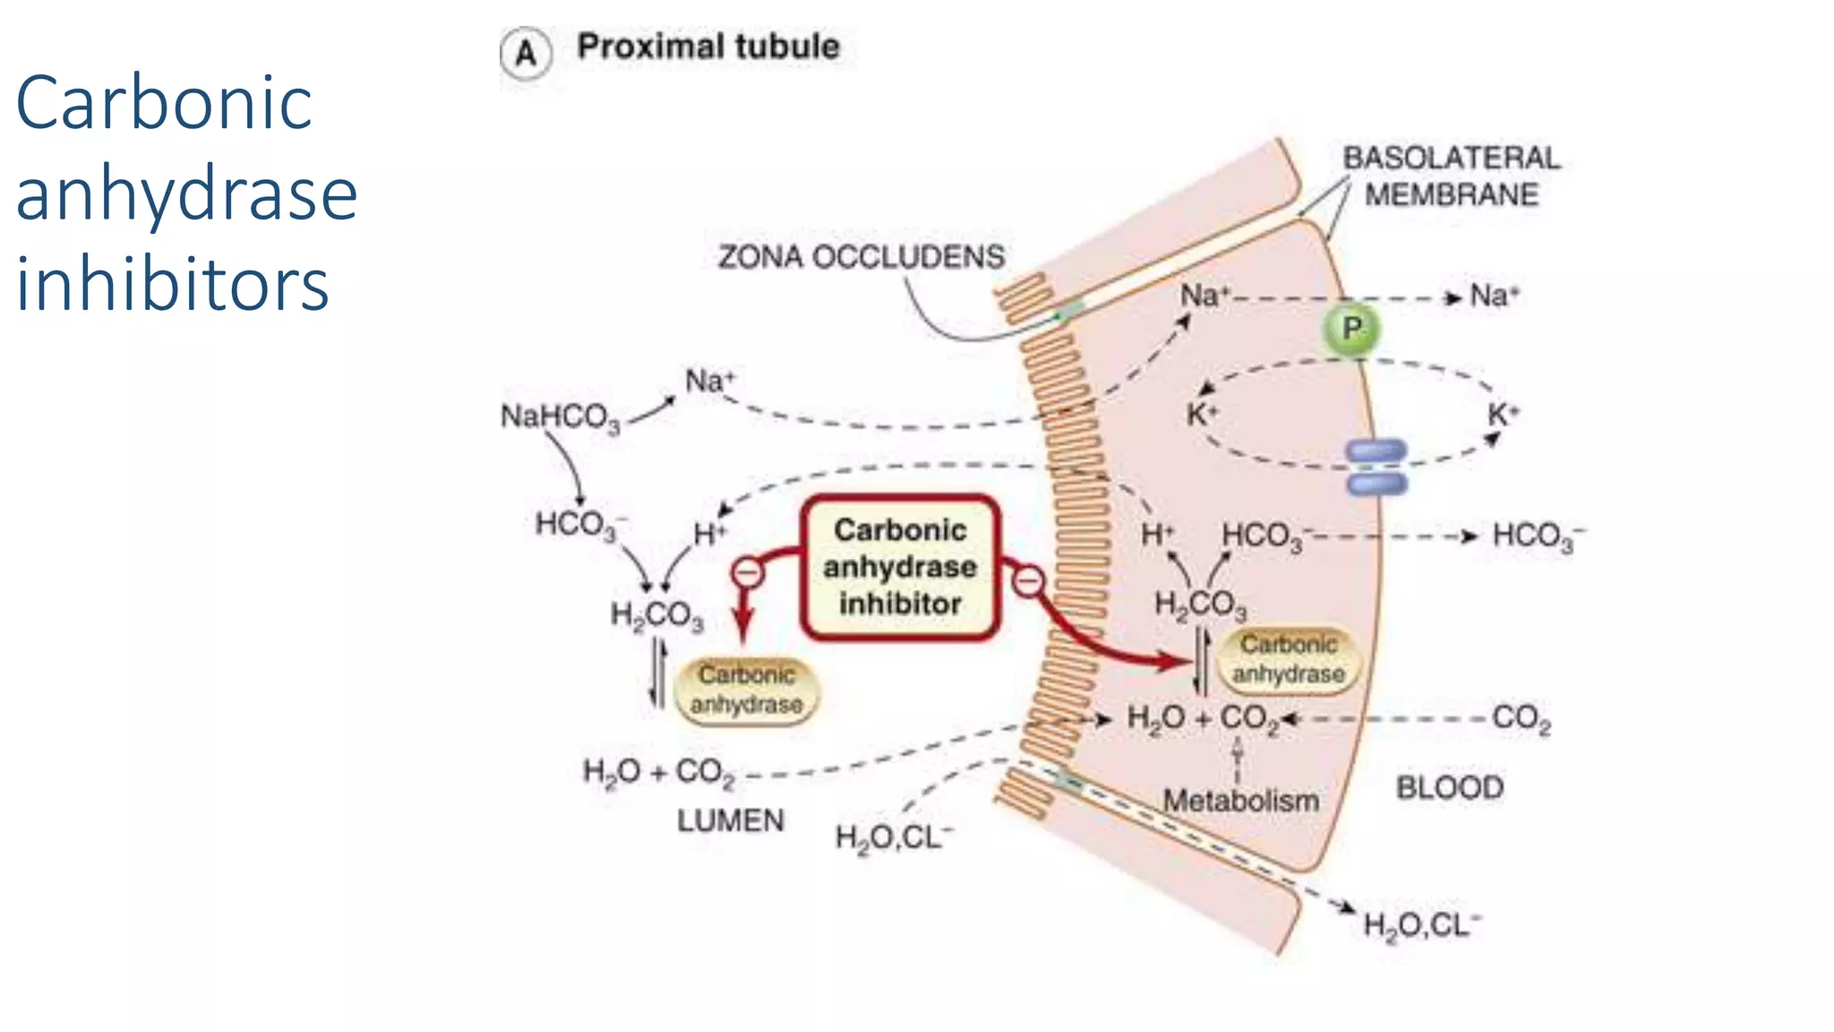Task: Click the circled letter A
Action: coord(526,54)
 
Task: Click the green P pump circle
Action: coord(1351,329)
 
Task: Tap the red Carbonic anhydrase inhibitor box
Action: coord(900,567)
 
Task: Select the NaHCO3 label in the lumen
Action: coord(560,417)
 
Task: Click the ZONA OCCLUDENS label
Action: coord(861,258)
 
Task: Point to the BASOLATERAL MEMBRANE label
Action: coord(1451,176)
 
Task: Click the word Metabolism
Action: coord(1240,800)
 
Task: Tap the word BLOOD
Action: coord(1449,787)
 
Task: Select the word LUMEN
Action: coord(730,821)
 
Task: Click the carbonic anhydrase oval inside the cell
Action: coord(1288,659)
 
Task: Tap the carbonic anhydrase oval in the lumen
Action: coord(746,690)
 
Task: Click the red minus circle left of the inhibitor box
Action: coord(748,572)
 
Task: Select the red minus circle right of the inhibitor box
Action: coord(1029,581)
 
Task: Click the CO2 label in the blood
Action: coord(1521,718)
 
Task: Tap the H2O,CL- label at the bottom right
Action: coord(1421,925)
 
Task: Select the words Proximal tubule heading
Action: coord(707,47)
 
